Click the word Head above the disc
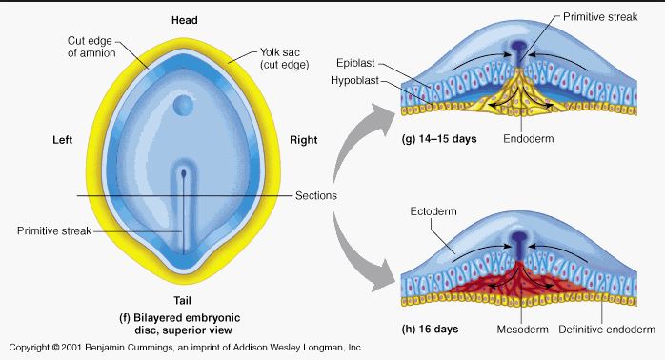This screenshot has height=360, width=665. click(184, 20)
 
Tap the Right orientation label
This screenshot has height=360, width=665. click(305, 140)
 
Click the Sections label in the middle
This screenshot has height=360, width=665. click(316, 196)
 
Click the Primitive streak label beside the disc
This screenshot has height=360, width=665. click(51, 230)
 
